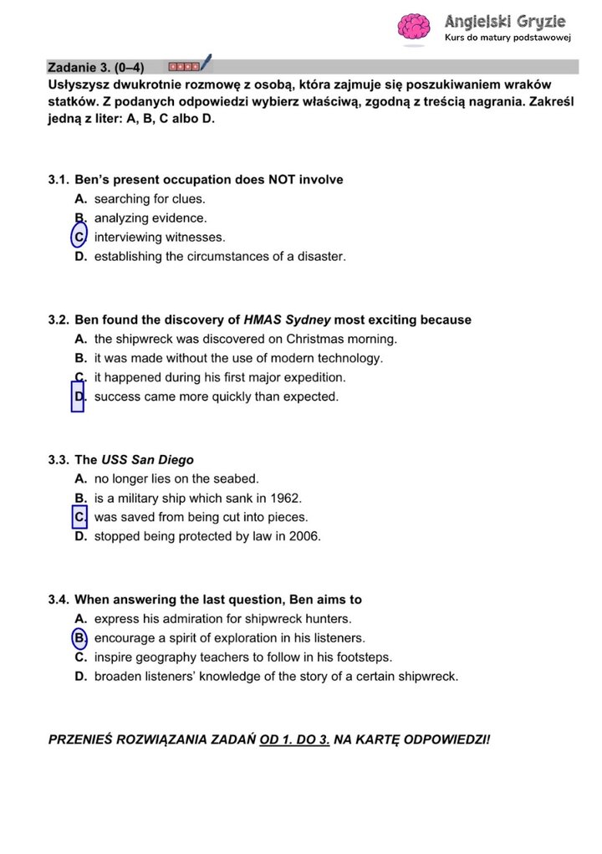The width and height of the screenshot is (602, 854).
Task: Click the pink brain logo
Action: pos(413,27)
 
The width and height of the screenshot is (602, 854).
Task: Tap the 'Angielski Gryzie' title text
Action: pos(505,21)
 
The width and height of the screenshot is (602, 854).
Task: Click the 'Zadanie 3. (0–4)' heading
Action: pos(96,67)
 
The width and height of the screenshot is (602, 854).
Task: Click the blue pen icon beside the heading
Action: pos(206,63)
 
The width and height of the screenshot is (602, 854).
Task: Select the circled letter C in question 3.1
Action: pos(79,238)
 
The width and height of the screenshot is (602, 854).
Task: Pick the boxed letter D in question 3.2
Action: pos(79,396)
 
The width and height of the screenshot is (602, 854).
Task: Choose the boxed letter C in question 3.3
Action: pos(80,517)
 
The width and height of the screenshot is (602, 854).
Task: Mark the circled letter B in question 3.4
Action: pos(80,638)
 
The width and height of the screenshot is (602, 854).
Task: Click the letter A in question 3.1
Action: pos(80,199)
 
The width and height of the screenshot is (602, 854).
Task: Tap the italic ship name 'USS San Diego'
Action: pos(148,460)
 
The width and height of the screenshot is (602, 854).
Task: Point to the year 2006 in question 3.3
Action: pos(305,536)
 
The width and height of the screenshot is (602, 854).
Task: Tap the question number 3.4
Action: pos(59,600)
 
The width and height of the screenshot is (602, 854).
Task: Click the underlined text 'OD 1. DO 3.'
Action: pos(295,740)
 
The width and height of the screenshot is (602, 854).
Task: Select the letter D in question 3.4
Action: pos(80,677)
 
